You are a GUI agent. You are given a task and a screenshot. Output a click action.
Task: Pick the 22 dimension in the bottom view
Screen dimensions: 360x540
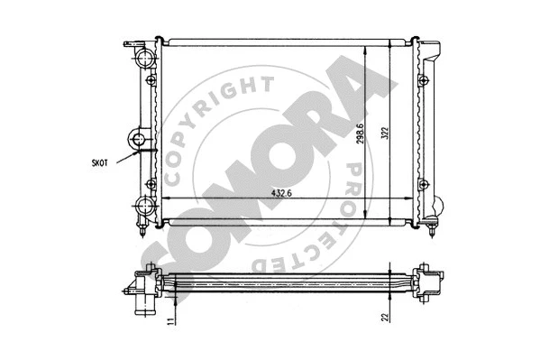(x=385, y=316)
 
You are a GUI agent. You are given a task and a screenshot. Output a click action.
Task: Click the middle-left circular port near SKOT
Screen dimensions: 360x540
(x=137, y=140)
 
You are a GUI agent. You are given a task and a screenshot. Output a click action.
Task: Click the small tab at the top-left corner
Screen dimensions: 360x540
(x=131, y=43)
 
